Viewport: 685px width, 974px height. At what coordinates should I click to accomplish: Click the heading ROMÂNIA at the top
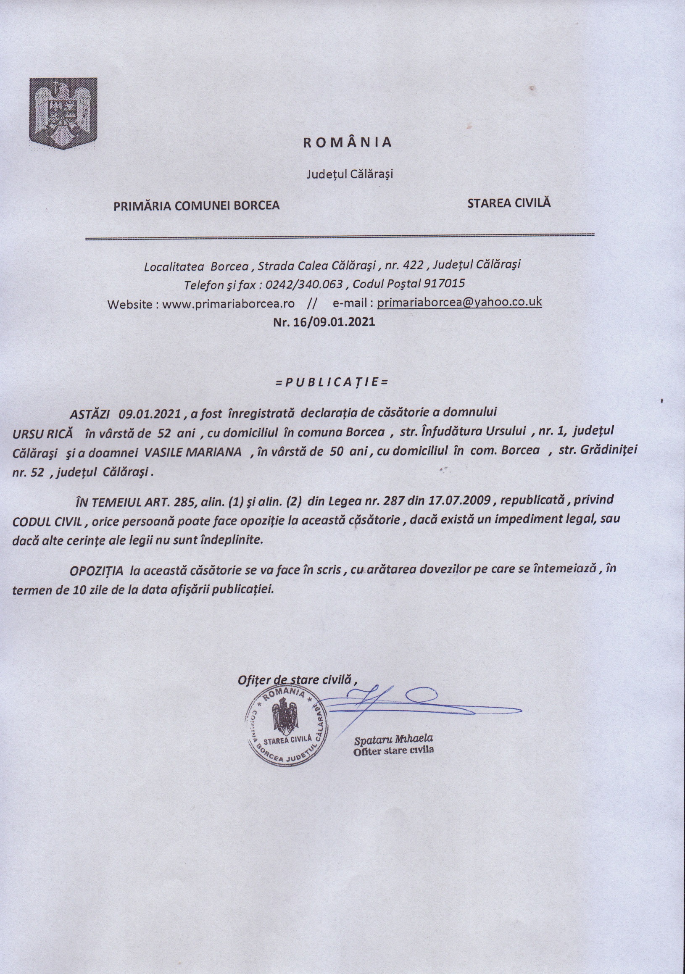click(x=348, y=142)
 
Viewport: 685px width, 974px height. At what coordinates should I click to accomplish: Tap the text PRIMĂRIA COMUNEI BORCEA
click(x=196, y=206)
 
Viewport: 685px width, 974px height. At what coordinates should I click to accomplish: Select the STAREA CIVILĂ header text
click(x=508, y=203)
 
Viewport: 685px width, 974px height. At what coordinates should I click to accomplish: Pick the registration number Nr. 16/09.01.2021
click(x=324, y=322)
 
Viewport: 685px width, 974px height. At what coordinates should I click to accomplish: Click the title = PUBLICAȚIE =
click(x=332, y=382)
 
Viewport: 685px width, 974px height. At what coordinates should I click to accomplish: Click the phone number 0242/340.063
click(x=304, y=284)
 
